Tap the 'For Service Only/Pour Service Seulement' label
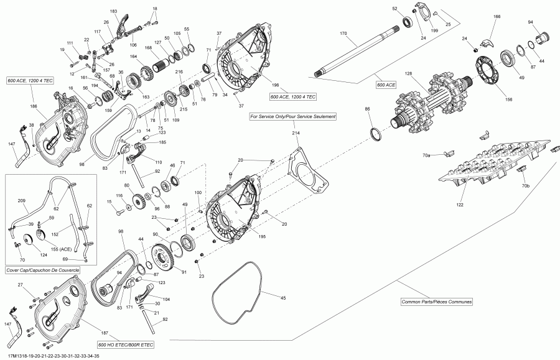coord(293,116)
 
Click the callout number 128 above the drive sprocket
coord(409,74)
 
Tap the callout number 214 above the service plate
coord(296,133)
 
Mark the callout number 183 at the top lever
coord(113,12)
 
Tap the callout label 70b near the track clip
coord(525,187)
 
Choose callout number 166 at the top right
coord(497,17)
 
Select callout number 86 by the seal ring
coord(367,109)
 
